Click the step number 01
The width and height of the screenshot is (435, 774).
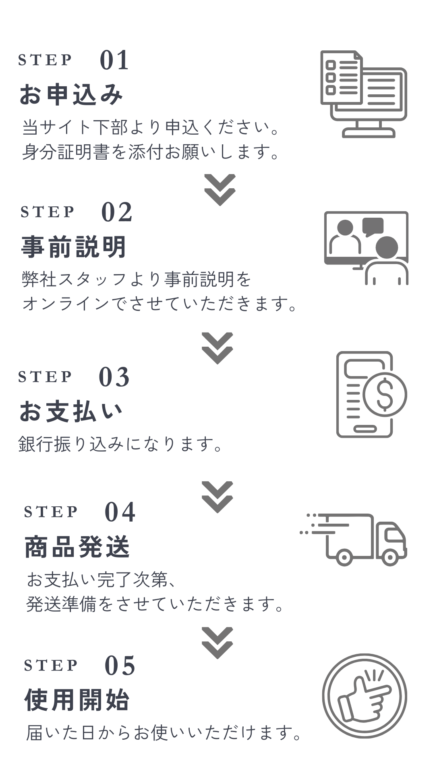click(x=114, y=60)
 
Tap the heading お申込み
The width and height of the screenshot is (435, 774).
click(x=71, y=94)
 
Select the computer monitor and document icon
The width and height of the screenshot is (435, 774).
click(x=364, y=94)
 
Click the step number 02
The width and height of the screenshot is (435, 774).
click(x=117, y=212)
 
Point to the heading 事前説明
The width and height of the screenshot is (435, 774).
click(x=74, y=247)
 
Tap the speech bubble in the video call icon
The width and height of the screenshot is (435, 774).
click(x=373, y=226)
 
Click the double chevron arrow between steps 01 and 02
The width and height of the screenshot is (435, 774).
click(x=220, y=190)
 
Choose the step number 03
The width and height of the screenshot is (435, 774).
click(x=114, y=377)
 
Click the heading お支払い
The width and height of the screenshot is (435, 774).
click(x=71, y=412)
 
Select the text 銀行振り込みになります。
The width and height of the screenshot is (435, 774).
click(x=121, y=444)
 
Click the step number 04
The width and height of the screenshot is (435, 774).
click(x=120, y=512)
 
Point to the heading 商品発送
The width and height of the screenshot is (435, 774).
click(x=77, y=547)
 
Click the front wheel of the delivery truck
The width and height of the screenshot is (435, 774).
click(x=390, y=558)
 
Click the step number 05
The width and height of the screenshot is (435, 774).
click(x=120, y=666)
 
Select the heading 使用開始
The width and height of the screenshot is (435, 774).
click(x=77, y=700)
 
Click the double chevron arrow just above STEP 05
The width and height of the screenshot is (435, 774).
click(x=217, y=643)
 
